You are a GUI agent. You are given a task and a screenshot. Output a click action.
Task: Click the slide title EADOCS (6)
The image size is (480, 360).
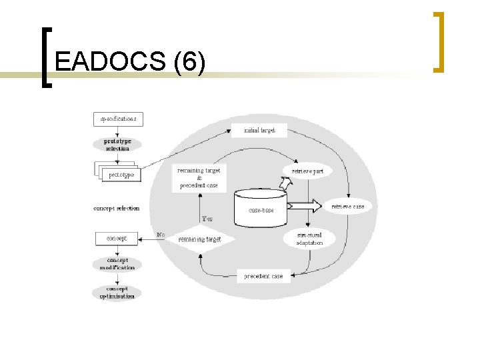pyautogui.click(x=131, y=62)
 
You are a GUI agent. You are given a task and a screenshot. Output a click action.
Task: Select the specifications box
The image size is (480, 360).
pyautogui.click(x=118, y=119)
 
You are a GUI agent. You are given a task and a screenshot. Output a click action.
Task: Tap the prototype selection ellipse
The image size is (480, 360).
pyautogui.click(x=117, y=145)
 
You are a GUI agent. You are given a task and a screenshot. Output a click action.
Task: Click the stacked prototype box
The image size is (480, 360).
pyautogui.click(x=118, y=173)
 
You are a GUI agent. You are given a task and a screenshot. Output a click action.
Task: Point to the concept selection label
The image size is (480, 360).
pyautogui.click(x=117, y=208)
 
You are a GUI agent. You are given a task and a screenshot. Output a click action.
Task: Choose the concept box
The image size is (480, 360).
pyautogui.click(x=117, y=237)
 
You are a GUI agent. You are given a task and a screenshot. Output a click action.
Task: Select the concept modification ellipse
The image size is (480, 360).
pyautogui.click(x=117, y=264)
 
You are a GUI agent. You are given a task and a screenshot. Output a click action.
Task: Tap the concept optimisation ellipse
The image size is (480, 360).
pyautogui.click(x=117, y=292)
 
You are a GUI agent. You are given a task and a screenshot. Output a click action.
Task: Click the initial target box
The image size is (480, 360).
pyautogui.click(x=259, y=130)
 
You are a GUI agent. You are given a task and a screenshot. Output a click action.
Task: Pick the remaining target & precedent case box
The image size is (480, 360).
pyautogui.click(x=199, y=178)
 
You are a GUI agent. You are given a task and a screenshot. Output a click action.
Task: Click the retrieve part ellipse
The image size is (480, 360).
pyautogui.click(x=307, y=171)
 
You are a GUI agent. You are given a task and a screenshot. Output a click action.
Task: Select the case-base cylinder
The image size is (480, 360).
pyautogui.click(x=261, y=207)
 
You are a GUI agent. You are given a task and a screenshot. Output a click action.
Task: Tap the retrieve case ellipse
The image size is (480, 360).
pyautogui.click(x=348, y=207)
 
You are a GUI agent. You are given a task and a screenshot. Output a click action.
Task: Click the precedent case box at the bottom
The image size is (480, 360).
pyautogui.click(x=264, y=275)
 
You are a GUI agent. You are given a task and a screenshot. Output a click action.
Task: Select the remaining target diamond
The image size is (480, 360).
pyautogui.click(x=199, y=239)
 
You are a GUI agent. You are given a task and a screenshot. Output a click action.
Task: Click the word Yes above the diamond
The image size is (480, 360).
pyautogui.click(x=208, y=219)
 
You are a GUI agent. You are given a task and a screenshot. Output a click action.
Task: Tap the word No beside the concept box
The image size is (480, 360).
pyautogui.click(x=161, y=235)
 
